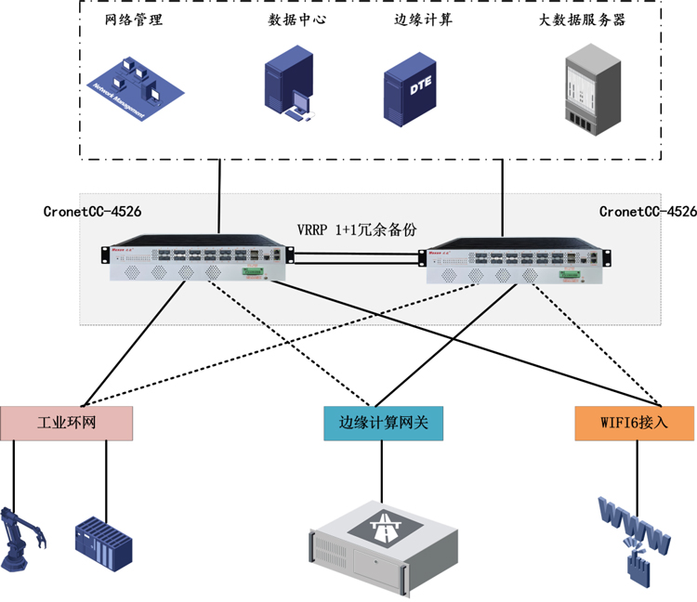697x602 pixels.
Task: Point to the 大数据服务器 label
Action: (x=582, y=20)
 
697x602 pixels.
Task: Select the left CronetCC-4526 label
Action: (x=92, y=212)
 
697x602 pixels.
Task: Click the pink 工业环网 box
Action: (x=67, y=423)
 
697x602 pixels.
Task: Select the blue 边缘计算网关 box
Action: (x=382, y=423)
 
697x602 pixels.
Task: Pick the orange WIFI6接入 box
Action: (x=634, y=423)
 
